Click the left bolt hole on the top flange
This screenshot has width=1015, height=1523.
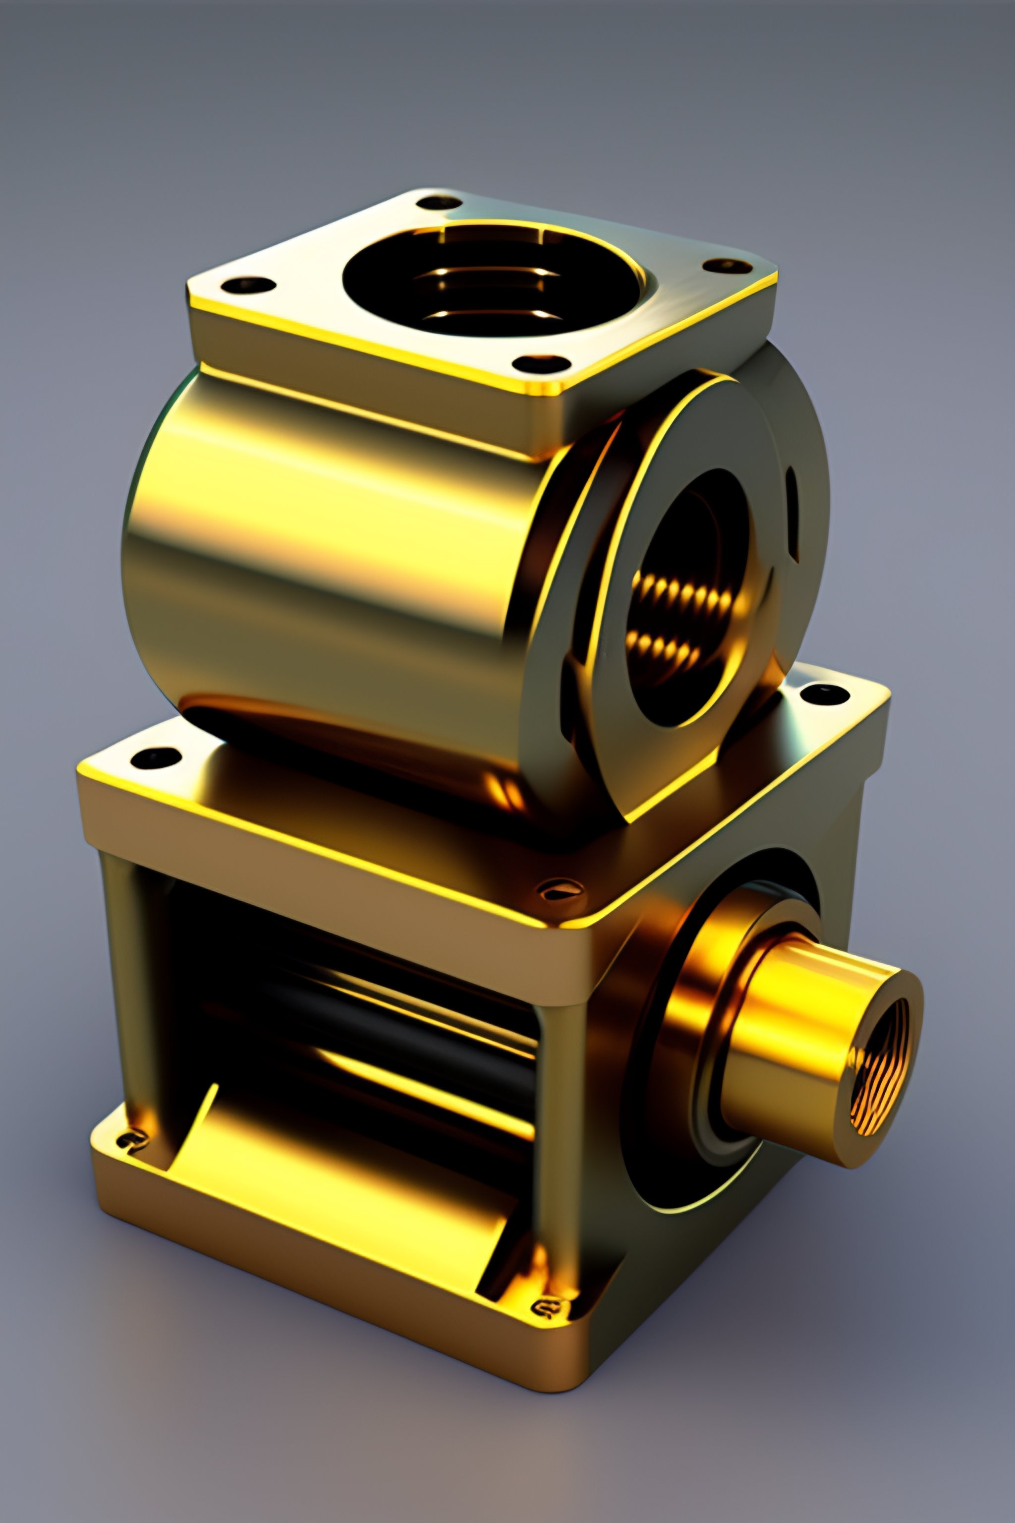[x=247, y=285]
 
